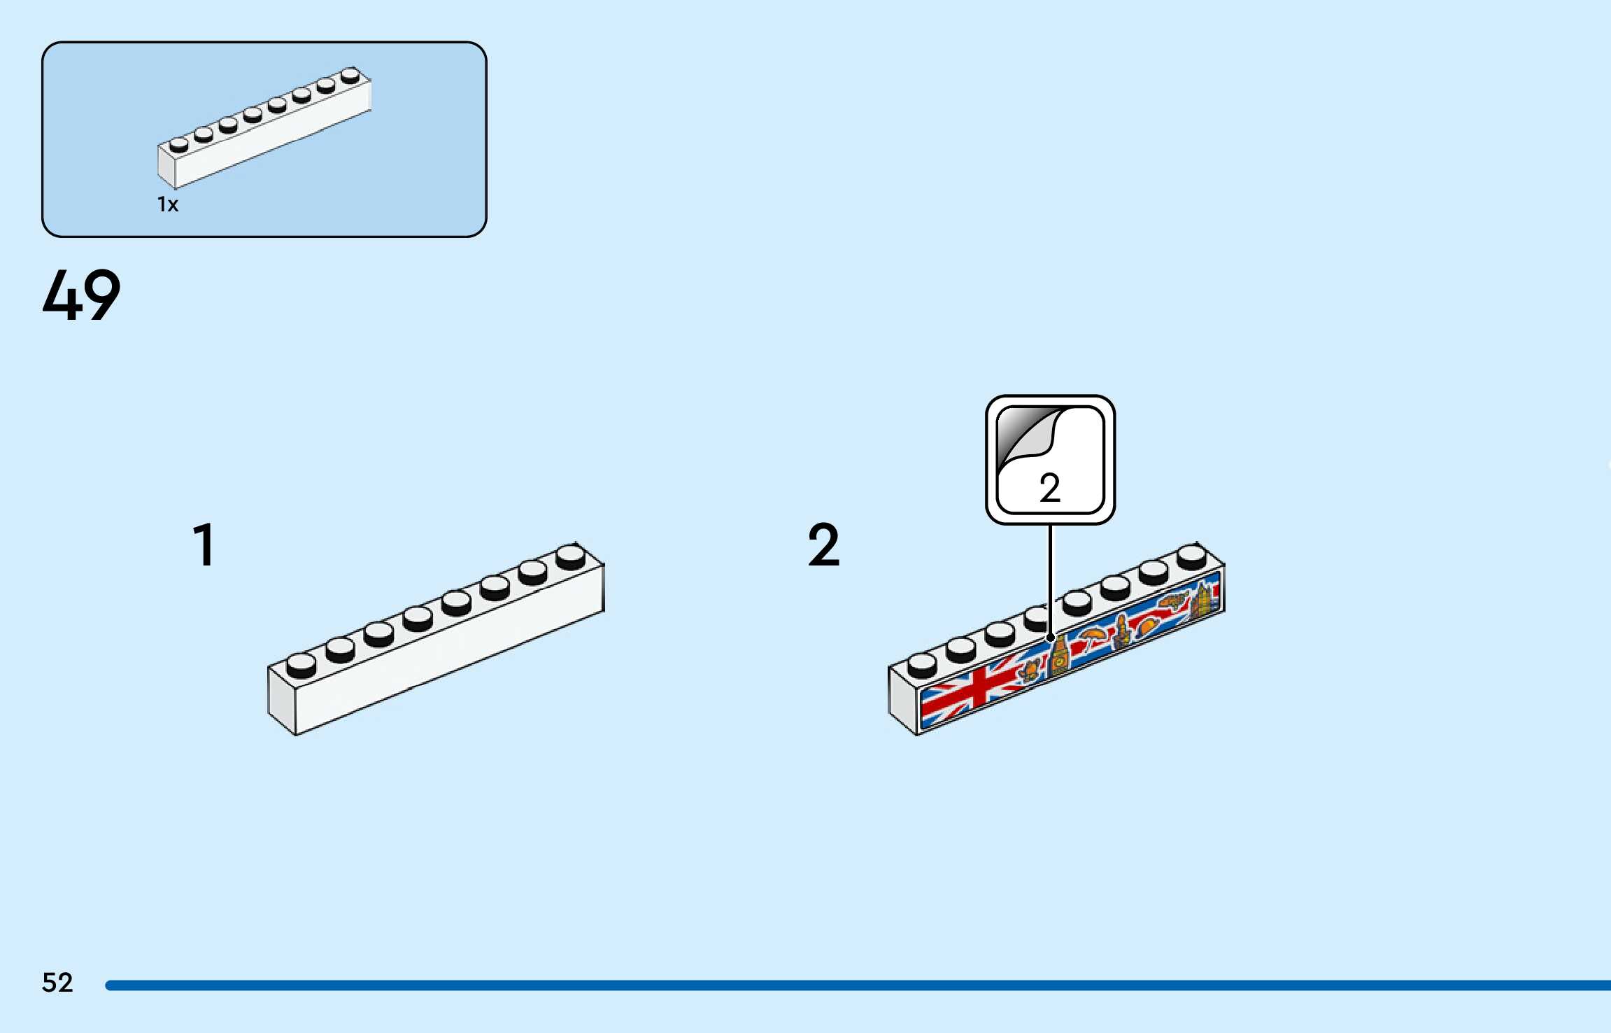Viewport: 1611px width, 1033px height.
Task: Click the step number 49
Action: tap(81, 295)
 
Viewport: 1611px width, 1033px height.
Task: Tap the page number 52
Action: tap(57, 983)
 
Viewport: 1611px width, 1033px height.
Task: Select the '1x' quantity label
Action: tap(168, 204)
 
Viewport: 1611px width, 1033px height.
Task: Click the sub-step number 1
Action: tap(204, 544)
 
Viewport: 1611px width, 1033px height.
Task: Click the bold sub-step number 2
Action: tap(823, 544)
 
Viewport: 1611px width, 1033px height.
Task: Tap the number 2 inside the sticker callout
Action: tap(1049, 488)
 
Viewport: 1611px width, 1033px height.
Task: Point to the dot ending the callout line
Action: tap(1050, 638)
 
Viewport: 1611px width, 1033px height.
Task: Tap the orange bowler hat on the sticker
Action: tap(1147, 625)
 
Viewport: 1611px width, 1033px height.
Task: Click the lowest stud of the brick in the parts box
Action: tap(179, 144)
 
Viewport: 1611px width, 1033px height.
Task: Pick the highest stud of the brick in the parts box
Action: tap(350, 74)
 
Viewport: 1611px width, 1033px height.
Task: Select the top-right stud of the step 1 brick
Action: tap(571, 556)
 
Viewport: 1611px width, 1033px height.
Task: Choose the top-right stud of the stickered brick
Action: tap(1191, 556)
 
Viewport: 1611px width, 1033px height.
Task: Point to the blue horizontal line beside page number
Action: tap(839, 985)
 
